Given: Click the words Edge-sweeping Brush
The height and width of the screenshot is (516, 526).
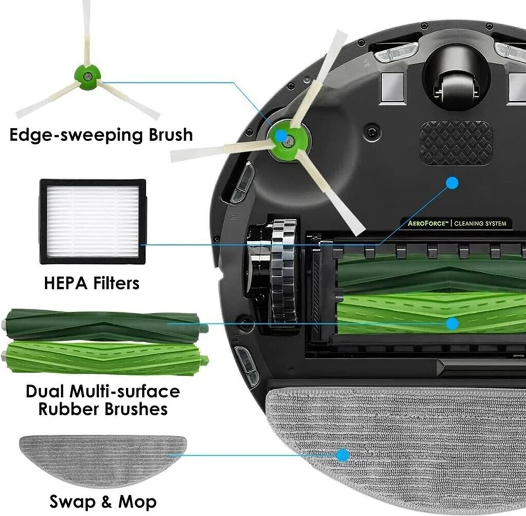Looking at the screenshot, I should pos(101,136).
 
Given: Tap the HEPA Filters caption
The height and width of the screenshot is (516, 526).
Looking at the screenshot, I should pos(91,283).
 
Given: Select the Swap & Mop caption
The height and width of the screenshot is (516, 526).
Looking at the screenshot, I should pos(103,501).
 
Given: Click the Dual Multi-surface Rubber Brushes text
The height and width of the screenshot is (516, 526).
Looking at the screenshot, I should pos(103,400).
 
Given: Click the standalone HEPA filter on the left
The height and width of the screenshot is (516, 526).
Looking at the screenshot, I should pos(89,221).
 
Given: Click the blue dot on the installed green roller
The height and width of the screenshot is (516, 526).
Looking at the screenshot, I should pos(452,323).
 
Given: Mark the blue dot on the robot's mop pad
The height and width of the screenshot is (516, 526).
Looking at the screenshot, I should pos(342,455).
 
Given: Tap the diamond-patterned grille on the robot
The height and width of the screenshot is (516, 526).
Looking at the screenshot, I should pos(456,143).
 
